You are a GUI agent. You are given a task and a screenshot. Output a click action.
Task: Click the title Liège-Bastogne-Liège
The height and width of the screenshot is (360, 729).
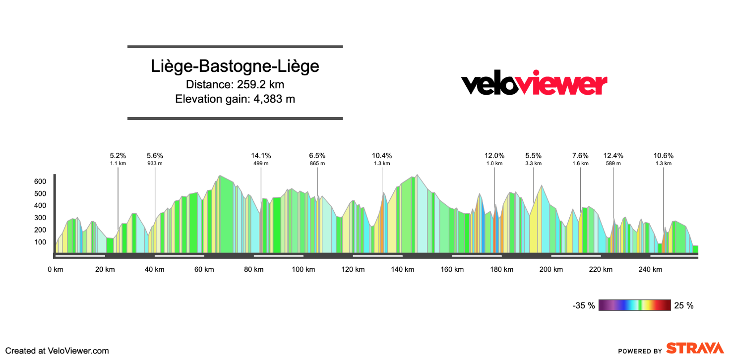[x=235, y=67]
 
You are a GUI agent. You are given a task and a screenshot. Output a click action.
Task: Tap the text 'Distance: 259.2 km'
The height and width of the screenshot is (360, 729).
[x=235, y=84]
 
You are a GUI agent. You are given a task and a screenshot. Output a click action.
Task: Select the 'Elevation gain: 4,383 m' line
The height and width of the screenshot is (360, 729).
[x=235, y=99]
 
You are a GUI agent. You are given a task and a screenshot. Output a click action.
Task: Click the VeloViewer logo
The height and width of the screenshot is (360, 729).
[x=534, y=84]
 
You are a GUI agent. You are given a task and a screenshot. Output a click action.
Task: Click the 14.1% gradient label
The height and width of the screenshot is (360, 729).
[x=261, y=155]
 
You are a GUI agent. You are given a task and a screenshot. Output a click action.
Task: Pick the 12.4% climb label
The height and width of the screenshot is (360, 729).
[x=613, y=155]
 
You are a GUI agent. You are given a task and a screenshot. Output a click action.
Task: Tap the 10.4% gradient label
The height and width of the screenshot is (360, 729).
[x=382, y=155]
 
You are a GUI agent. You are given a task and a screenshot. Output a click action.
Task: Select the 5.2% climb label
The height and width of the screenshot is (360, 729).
[x=118, y=155]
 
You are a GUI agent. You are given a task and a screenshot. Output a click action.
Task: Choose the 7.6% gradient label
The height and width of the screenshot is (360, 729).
[x=580, y=155]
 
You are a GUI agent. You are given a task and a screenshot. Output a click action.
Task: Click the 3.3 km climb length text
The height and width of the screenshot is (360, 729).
[x=534, y=163]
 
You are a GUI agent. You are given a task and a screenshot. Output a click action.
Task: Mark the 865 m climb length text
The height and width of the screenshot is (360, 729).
[x=317, y=163]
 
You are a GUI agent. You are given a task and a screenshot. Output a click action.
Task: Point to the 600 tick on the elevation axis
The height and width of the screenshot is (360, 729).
[x=40, y=181]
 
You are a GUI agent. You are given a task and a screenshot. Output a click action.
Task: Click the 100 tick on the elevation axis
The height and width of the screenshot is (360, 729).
[x=40, y=242]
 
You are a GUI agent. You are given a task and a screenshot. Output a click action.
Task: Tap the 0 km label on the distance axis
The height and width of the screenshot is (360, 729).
[x=56, y=269]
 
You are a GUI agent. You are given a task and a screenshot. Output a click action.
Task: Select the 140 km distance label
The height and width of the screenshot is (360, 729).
[x=403, y=269]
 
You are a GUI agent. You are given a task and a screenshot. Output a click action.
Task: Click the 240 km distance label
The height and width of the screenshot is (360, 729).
[x=651, y=269]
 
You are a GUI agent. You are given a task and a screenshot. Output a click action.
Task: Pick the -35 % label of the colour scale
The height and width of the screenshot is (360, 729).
[x=584, y=305]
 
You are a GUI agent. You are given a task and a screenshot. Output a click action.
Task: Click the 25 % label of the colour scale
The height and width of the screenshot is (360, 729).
[x=684, y=305]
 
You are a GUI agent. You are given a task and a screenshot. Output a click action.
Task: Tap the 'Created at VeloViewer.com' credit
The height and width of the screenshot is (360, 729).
[x=57, y=351]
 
